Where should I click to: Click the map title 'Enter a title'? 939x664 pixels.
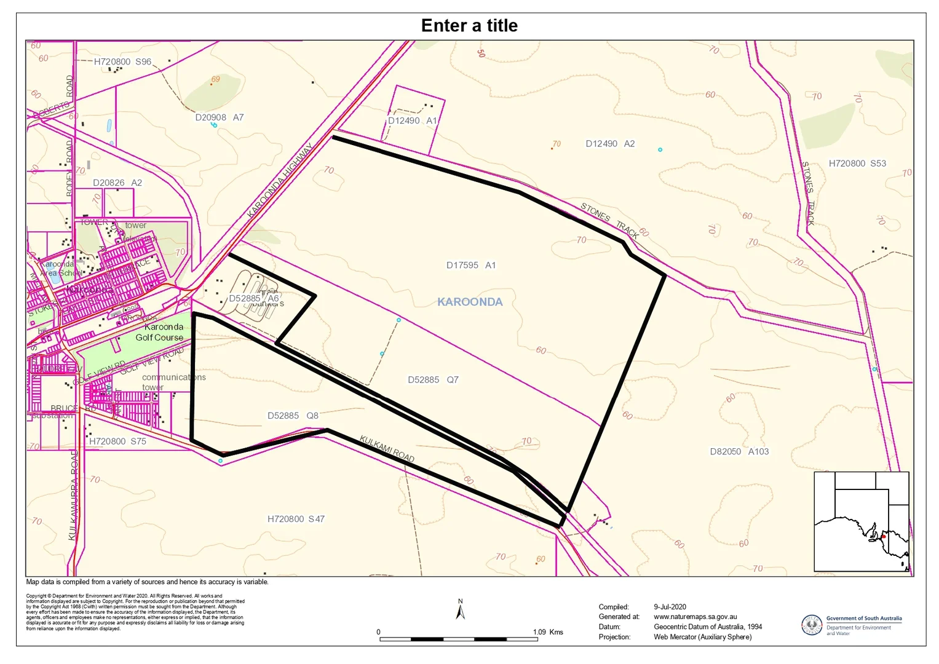tap(469, 26)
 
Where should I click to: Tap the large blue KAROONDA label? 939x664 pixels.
tap(470, 302)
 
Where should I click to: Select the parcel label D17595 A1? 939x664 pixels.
tap(470, 266)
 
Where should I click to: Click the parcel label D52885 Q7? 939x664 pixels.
tap(433, 380)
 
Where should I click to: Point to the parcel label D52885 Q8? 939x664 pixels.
tap(293, 416)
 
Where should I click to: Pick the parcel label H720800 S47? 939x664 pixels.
tap(296, 519)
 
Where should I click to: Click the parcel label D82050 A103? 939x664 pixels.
tap(739, 451)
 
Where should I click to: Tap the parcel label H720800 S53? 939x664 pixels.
tap(857, 164)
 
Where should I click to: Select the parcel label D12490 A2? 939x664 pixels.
tap(609, 144)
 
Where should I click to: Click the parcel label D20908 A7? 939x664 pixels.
tap(219, 117)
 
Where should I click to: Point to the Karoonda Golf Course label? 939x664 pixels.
tap(160, 332)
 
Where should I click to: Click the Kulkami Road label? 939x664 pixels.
tap(387, 449)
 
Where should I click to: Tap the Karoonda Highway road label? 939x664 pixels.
tap(280, 180)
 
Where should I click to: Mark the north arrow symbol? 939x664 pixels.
tap(460, 611)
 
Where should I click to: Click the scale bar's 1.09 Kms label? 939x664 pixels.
tap(548, 632)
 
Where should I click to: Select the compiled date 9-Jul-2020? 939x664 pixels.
tap(670, 607)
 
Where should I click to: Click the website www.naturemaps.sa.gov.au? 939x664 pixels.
tap(695, 617)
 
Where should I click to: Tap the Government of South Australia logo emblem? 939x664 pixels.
tap(812, 625)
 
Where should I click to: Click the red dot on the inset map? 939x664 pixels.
tap(884, 536)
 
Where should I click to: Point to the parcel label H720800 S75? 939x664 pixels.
tap(117, 441)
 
